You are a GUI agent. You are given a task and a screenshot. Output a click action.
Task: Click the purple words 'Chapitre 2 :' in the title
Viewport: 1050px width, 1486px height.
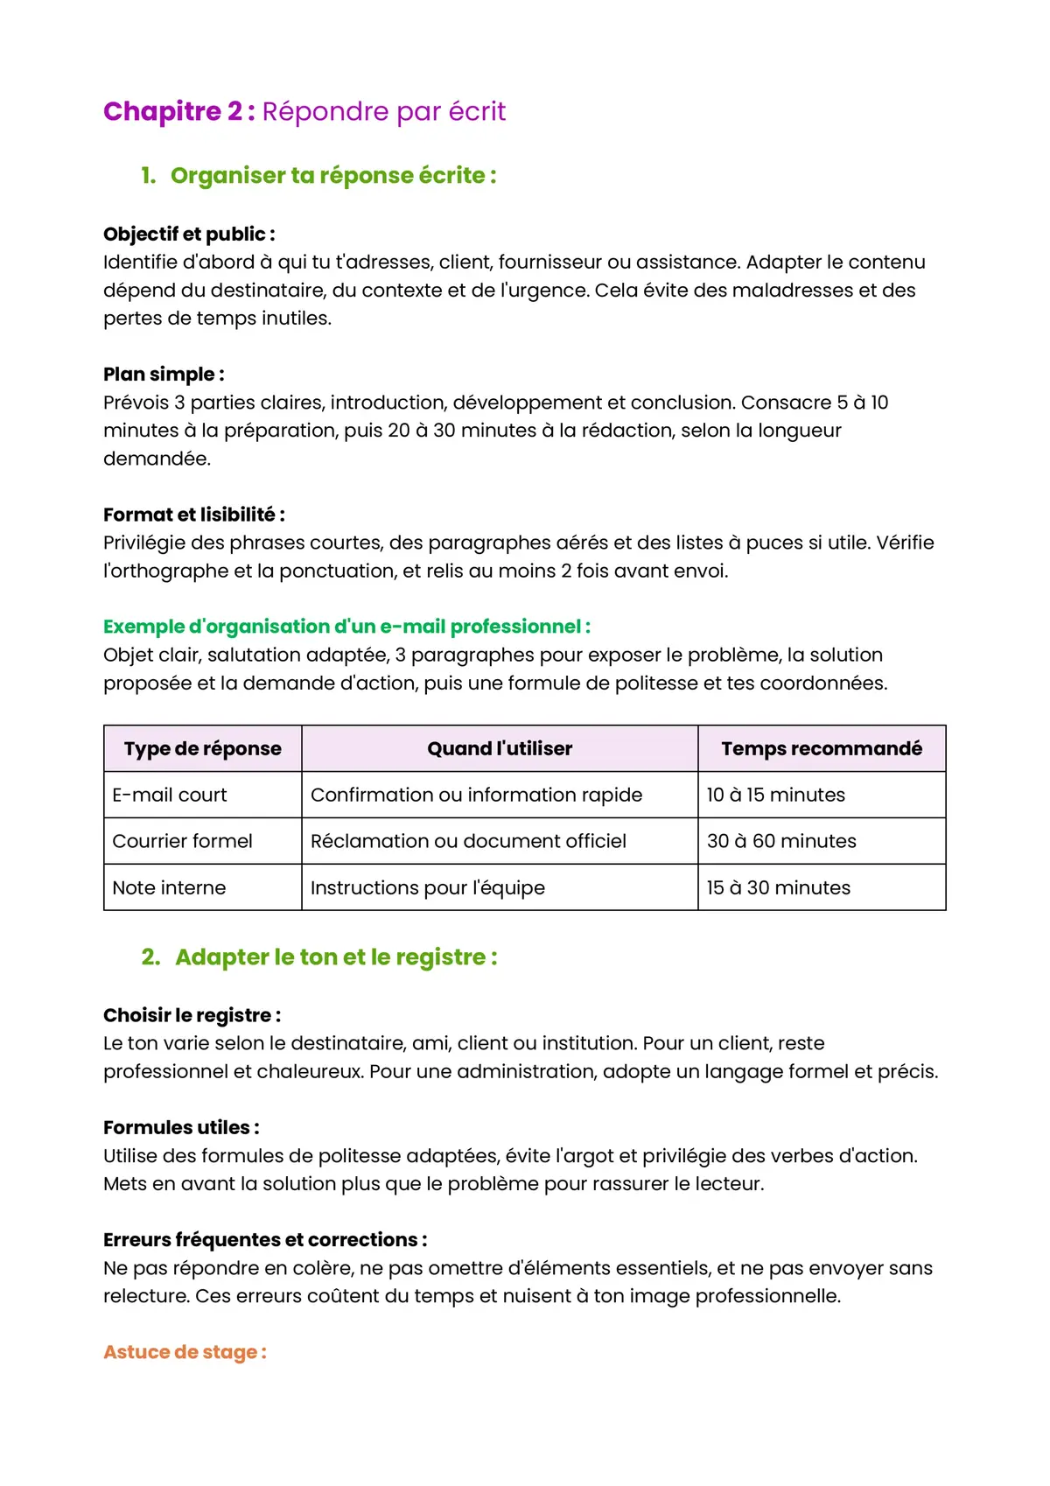[x=178, y=112]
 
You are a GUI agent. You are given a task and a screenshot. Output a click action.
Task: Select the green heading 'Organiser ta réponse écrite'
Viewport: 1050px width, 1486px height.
[x=332, y=176]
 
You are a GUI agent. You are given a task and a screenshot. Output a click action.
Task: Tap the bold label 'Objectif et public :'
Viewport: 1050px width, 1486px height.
[x=189, y=235]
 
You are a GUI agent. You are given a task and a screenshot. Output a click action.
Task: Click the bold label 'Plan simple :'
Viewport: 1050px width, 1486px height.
[x=164, y=375]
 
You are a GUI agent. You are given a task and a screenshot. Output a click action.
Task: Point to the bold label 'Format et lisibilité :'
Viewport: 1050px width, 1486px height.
[x=193, y=515]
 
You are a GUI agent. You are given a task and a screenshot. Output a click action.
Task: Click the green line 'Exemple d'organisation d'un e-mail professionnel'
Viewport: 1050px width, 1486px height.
[x=346, y=627]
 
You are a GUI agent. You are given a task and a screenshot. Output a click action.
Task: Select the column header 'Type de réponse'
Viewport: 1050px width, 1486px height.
[x=203, y=749]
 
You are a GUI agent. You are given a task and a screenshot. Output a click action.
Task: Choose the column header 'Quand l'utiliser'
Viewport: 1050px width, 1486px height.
[x=500, y=749]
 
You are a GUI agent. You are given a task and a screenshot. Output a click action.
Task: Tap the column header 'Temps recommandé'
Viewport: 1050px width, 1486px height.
[x=822, y=749]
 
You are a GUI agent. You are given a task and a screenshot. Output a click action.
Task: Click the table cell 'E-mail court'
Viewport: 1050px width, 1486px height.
[x=170, y=796]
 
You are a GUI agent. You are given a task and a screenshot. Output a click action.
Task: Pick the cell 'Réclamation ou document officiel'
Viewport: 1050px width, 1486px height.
[x=468, y=842]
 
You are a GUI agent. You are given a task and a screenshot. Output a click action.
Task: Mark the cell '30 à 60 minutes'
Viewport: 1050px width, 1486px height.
[x=781, y=842]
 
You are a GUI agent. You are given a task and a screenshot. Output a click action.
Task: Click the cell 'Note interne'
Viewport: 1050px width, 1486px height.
[x=169, y=888]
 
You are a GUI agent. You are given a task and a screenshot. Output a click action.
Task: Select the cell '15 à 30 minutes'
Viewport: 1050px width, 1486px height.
[x=778, y=888]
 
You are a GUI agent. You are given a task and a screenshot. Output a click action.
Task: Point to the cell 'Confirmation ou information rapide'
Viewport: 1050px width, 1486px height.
[x=476, y=796]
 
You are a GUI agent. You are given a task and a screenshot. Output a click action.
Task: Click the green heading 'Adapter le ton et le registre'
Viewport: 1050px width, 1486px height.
[x=336, y=957]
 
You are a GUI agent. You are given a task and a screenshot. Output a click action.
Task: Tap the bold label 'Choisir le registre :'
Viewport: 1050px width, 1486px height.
[x=192, y=1016]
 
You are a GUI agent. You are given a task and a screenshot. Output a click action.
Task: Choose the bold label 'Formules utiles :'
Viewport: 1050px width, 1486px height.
[x=181, y=1128]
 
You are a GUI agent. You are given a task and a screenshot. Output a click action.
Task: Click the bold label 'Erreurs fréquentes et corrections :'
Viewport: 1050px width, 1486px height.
[x=265, y=1240]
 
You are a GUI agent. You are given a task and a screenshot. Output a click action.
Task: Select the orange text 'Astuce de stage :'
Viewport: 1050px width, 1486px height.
[x=185, y=1352]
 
